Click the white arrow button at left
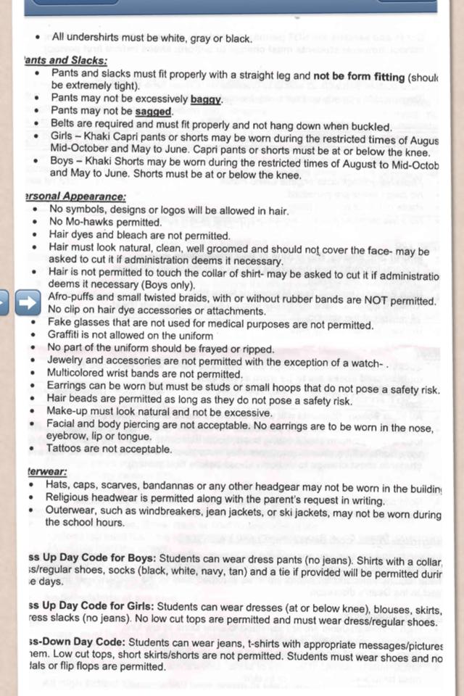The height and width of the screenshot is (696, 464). point(28,303)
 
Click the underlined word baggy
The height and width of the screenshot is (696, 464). point(206,99)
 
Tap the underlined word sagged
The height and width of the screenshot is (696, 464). point(153,112)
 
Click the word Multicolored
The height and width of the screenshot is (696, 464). point(81,374)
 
